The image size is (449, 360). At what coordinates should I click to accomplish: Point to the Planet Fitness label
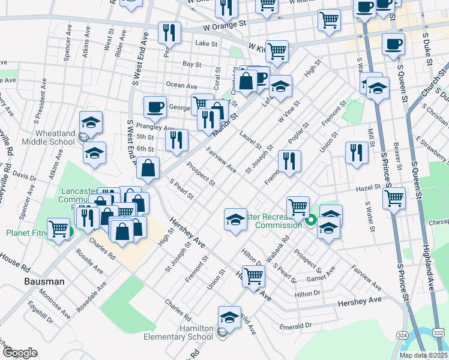click(x=24, y=233)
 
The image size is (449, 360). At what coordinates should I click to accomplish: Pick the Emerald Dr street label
click(x=296, y=326)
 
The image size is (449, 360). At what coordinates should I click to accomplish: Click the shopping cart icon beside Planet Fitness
click(x=58, y=229)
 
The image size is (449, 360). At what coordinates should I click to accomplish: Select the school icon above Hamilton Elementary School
click(x=229, y=317)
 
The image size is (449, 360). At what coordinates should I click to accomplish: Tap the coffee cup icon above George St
click(x=155, y=107)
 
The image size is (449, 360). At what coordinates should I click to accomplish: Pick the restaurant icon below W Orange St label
click(x=169, y=33)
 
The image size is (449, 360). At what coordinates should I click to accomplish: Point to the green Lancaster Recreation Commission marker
click(x=310, y=220)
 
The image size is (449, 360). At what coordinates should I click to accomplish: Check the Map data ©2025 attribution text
click(x=423, y=355)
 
